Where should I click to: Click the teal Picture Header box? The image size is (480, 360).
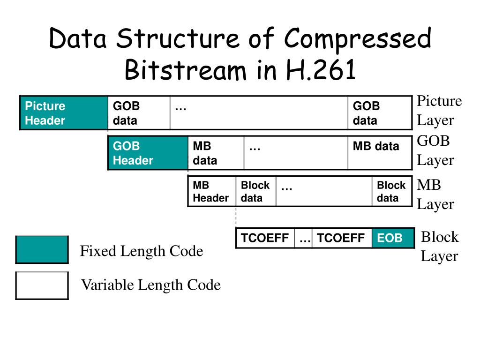pyautogui.click(x=64, y=113)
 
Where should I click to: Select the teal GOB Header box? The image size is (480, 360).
pyautogui.click(x=148, y=153)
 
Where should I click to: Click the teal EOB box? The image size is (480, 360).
pyautogui.click(x=393, y=238)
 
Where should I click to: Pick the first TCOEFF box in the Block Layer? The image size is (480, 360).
pyautogui.click(x=265, y=238)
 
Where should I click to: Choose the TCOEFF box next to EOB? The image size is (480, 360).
pyautogui.click(x=342, y=238)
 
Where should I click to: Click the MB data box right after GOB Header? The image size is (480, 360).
pyautogui.click(x=216, y=153)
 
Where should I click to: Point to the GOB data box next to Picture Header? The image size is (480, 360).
pyautogui.click(x=139, y=113)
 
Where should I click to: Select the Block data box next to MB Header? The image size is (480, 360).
pyautogui.click(x=256, y=191)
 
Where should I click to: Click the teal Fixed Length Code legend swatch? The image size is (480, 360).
pyautogui.click(x=42, y=250)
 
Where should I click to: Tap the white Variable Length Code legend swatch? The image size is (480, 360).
pyautogui.click(x=42, y=285)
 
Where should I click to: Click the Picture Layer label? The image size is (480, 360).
pyautogui.click(x=439, y=111)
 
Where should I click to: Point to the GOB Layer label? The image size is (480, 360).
pyautogui.click(x=435, y=150)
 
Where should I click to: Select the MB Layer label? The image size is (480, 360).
pyautogui.click(x=435, y=195)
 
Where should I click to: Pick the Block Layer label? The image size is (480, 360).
pyautogui.click(x=439, y=247)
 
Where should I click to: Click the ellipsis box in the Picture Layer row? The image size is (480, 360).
pyautogui.click(x=259, y=113)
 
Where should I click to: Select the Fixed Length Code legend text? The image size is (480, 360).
pyautogui.click(x=142, y=251)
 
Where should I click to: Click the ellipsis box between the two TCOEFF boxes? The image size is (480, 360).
pyautogui.click(x=304, y=238)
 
